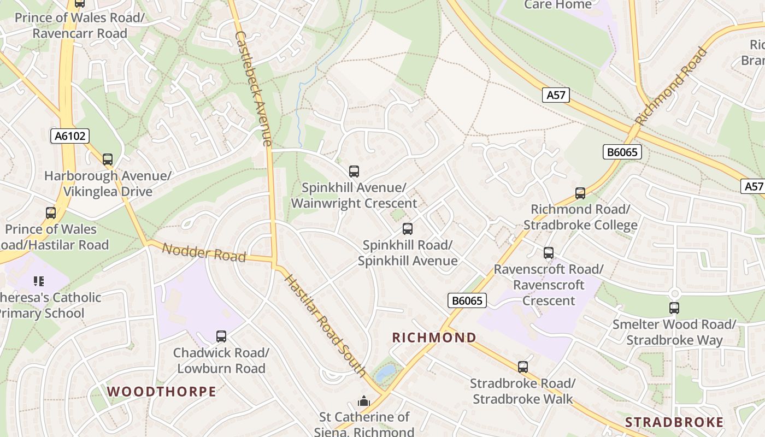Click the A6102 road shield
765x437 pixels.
[70, 135]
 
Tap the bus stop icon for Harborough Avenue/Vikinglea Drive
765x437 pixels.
[108, 160]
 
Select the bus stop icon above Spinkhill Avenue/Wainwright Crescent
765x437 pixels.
[354, 172]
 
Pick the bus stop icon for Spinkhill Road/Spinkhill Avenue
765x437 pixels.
[408, 229]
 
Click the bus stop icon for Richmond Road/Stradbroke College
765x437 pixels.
[580, 193]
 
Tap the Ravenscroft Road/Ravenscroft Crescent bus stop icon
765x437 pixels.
[549, 253]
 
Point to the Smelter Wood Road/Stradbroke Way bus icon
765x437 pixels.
[674, 308]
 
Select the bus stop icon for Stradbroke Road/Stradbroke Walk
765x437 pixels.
[523, 367]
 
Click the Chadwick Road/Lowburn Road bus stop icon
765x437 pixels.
[221, 336]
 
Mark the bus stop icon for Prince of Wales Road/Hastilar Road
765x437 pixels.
[51, 213]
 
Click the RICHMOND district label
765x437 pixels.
[434, 338]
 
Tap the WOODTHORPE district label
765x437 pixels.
[162, 391]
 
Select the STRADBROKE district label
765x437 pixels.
[674, 422]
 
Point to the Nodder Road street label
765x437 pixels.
[204, 252]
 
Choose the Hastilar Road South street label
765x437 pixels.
[326, 326]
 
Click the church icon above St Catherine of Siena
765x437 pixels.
[364, 401]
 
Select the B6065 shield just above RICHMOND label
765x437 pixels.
[467, 300]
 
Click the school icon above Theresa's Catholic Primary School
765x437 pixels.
[38, 281]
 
